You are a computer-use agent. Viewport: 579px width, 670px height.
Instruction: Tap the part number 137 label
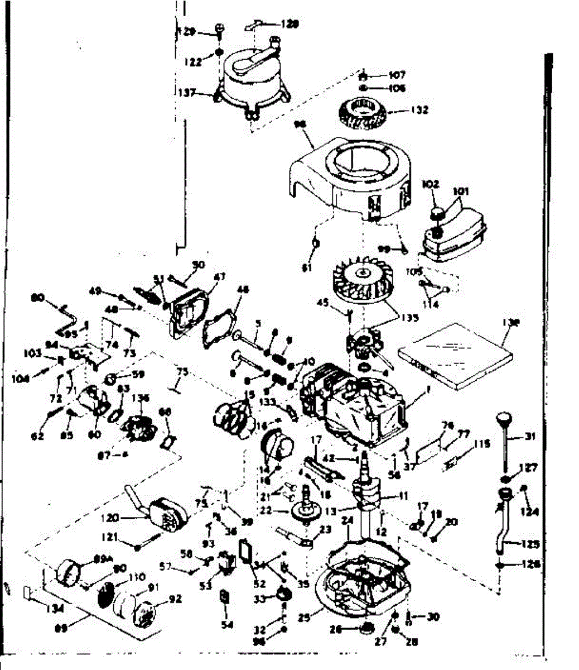(x=187, y=93)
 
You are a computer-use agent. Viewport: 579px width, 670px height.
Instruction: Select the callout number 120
(x=110, y=518)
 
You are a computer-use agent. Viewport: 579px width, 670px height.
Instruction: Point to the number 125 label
(x=531, y=543)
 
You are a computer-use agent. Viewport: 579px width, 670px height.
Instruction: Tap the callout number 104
(x=22, y=377)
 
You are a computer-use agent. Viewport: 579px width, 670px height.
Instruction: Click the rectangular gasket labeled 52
(x=245, y=549)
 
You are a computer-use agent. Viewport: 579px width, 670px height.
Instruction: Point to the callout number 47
(x=219, y=276)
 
